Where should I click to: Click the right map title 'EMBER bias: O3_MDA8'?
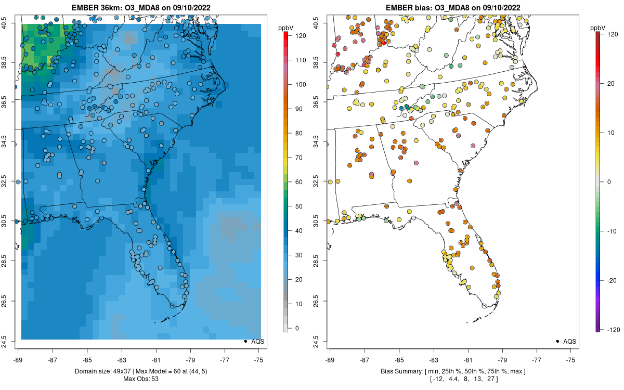pos(452,7)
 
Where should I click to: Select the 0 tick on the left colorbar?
pos(296,328)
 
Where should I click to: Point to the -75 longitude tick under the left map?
pos(259,360)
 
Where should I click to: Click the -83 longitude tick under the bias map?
pos(433,360)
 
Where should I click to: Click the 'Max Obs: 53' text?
pos(140,379)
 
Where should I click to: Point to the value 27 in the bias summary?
pos(490,379)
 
